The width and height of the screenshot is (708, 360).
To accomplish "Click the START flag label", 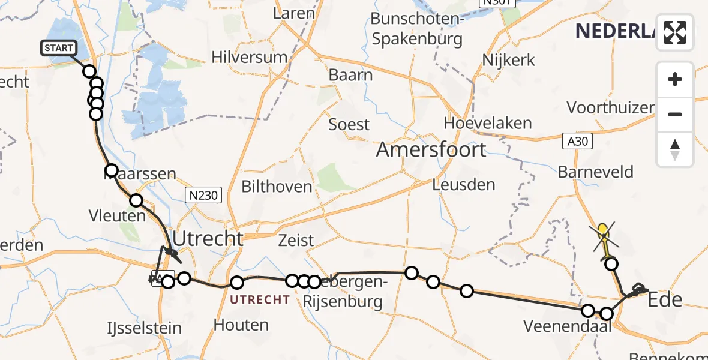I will coord(58,48).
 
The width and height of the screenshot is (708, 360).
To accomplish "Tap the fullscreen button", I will coord(675,32).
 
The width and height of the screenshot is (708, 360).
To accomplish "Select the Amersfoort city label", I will coord(431,149).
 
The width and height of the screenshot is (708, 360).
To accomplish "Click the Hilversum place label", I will coord(249,57).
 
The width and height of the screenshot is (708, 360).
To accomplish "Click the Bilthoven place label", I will coord(277,187).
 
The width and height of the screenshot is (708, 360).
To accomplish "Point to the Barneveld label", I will coord(595,172).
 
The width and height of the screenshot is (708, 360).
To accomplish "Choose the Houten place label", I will coord(242,325).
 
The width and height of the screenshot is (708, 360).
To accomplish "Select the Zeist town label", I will coord(296,241).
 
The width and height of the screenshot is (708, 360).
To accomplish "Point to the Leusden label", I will coord(464,185).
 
